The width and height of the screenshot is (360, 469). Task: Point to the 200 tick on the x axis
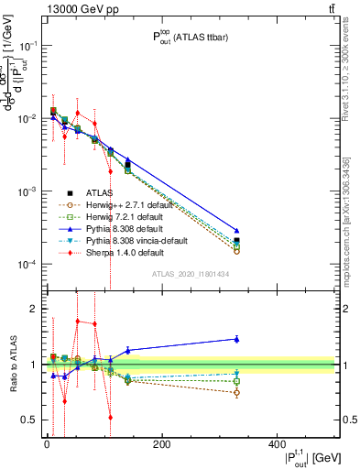click(161, 445)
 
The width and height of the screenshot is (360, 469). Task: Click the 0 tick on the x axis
click(47, 445)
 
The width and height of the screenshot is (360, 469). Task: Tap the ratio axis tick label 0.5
click(28, 420)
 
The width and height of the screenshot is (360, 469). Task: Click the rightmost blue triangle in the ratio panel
click(236, 339)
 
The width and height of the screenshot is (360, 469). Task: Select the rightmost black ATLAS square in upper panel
click(236, 241)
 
